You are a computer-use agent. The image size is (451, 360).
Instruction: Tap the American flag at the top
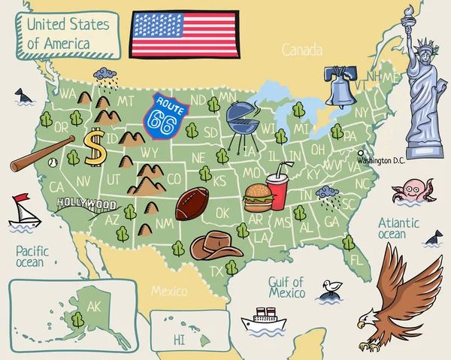pos(184,34)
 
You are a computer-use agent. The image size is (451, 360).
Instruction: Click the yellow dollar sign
pos(95,147)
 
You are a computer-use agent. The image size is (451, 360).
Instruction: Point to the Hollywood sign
pos(86,204)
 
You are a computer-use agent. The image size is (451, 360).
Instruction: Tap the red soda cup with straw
pos(277,191)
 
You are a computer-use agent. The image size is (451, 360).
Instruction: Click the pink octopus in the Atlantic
pos(413,192)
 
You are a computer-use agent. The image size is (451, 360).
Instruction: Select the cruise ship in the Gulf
pos(264,320)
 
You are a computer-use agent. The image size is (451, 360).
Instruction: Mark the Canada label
pos(301,50)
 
